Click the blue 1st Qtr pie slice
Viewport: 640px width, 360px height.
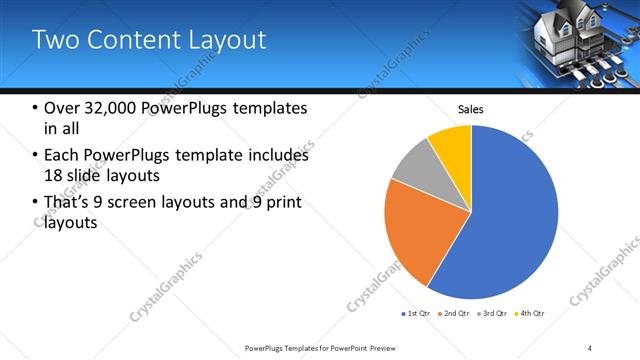(x=500, y=220)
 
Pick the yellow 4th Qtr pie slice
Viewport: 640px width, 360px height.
(x=452, y=146)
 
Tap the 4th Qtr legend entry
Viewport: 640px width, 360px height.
(x=531, y=314)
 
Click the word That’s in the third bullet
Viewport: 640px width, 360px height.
(x=67, y=203)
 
